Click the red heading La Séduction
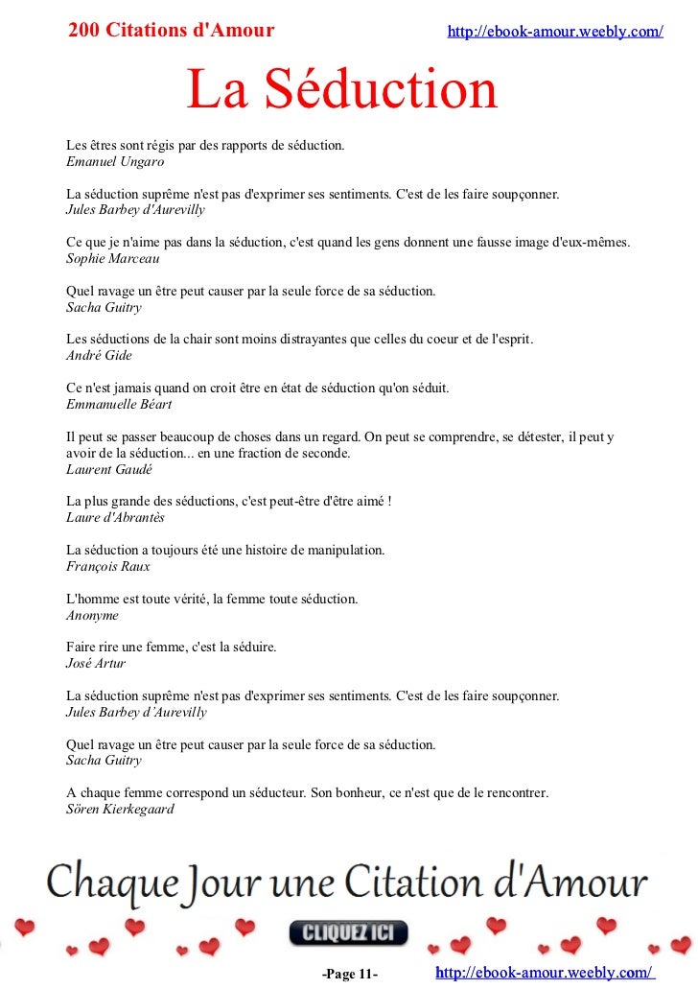(341, 91)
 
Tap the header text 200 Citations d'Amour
(171, 31)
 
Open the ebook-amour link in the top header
(555, 32)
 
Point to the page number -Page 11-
(350, 975)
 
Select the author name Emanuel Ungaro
(115, 162)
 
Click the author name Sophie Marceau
(113, 258)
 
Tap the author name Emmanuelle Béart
(119, 404)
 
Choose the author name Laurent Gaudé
(109, 469)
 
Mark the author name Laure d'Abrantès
(115, 517)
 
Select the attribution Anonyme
(92, 615)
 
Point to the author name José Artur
(96, 663)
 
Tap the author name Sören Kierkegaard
(120, 809)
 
